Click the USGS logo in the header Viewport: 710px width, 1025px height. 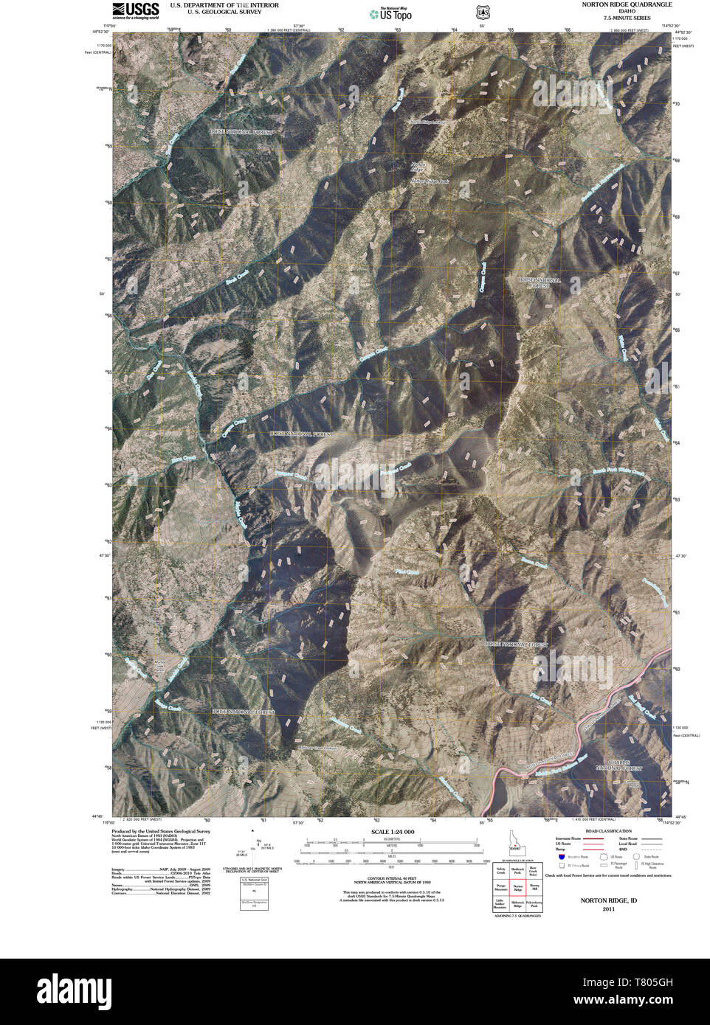tap(135, 10)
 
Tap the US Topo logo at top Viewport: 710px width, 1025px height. tap(391, 13)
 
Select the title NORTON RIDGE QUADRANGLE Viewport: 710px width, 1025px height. tap(626, 4)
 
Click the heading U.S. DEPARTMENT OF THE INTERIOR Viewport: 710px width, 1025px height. tap(224, 4)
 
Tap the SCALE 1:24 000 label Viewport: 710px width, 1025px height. tap(393, 831)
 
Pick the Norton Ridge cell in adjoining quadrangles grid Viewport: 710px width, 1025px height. tap(517, 889)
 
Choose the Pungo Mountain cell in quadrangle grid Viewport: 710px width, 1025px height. tap(500, 889)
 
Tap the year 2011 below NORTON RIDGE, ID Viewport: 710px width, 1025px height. tap(608, 909)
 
